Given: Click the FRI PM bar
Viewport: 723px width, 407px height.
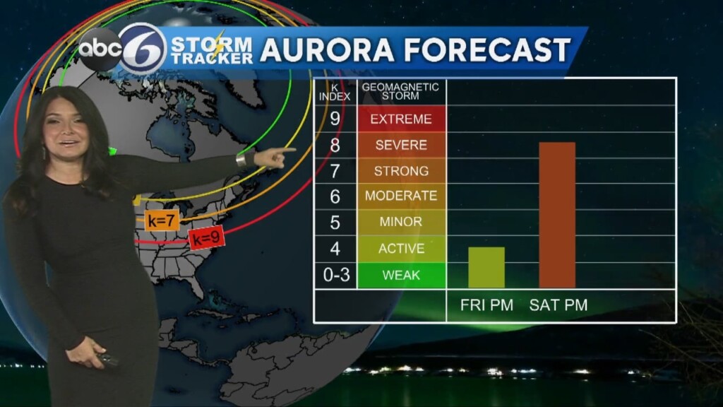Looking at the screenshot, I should tap(486, 267).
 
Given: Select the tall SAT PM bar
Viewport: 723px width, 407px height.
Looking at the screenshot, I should tap(557, 215).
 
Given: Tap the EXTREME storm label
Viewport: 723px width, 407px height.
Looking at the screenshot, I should tap(401, 119).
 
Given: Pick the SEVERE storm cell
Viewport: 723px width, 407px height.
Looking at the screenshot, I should tap(401, 145).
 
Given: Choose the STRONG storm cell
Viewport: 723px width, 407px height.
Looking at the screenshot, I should tap(401, 171).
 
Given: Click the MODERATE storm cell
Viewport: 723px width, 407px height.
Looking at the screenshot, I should tap(401, 196).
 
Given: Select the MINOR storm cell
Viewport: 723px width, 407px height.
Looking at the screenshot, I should tap(401, 222).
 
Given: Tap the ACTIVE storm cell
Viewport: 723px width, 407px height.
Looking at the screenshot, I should tap(401, 249).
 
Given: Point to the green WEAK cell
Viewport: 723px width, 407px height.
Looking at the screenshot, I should tap(401, 275).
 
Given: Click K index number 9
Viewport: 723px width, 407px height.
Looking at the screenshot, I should tap(335, 119).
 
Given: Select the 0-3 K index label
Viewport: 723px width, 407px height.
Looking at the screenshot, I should tap(336, 275).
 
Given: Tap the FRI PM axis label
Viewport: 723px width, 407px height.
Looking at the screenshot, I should tap(486, 305).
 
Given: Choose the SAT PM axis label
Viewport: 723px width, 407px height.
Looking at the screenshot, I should tap(558, 305).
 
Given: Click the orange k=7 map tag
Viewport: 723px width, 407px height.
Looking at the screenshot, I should tap(161, 220).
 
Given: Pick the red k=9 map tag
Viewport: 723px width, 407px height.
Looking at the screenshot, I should tap(207, 239).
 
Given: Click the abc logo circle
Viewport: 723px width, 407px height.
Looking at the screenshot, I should tap(100, 49).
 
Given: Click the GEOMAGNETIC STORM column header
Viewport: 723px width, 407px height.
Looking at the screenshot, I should tap(401, 92).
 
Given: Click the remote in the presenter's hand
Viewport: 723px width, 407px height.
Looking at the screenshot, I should tap(108, 360).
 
